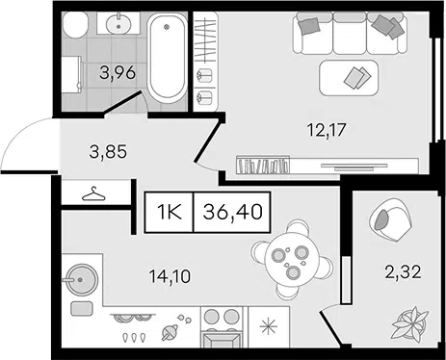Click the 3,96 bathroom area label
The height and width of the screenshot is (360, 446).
click(x=118, y=73)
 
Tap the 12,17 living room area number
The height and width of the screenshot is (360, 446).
click(x=327, y=130)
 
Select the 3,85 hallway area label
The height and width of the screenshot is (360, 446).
click(x=108, y=151)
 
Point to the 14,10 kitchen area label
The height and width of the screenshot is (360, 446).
click(x=170, y=276)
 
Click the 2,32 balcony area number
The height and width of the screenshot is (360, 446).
click(x=403, y=272)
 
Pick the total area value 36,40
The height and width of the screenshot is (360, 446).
click(x=233, y=212)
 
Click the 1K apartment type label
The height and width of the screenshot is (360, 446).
click(x=170, y=212)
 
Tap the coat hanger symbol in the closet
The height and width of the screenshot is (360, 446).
click(x=93, y=194)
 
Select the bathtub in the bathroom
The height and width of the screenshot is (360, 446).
click(x=167, y=58)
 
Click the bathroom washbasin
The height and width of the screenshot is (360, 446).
click(x=118, y=23)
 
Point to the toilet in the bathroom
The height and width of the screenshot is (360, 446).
click(x=75, y=25)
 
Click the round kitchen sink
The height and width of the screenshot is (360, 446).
click(x=81, y=280)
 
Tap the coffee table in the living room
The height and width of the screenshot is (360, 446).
click(x=349, y=78)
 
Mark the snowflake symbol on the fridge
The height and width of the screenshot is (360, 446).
click(x=269, y=326)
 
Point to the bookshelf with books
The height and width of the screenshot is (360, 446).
click(x=263, y=166)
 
